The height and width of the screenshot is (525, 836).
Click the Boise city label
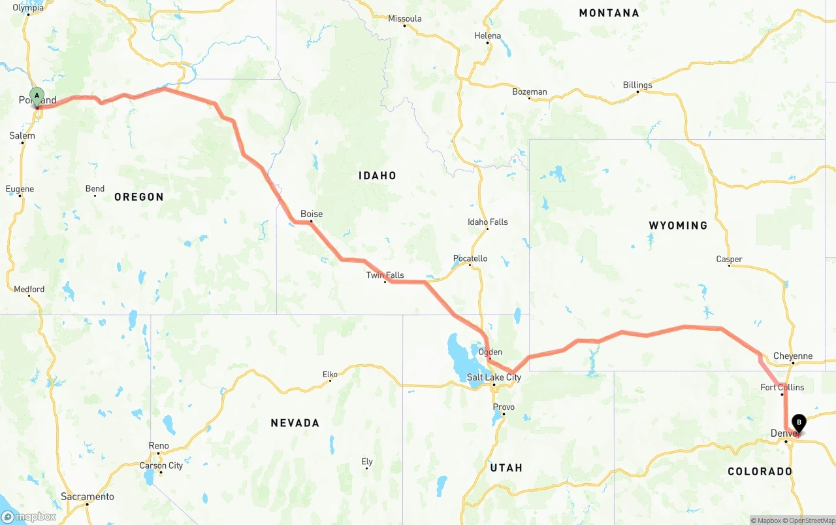pyautogui.click(x=312, y=214)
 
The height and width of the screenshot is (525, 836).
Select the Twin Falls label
pyautogui.click(x=385, y=275)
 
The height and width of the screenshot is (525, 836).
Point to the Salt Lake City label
pyautogui.click(x=494, y=377)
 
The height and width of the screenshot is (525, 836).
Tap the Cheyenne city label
pyautogui.click(x=793, y=356)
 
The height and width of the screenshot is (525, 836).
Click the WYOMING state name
pyautogui.click(x=678, y=226)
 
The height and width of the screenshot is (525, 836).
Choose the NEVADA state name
pyautogui.click(x=295, y=424)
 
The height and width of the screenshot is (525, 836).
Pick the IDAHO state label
pyautogui.click(x=378, y=176)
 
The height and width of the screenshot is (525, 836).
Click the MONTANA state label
pyautogui.click(x=609, y=13)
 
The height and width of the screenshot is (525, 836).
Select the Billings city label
pyautogui.click(x=637, y=85)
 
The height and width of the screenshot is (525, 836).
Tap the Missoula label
pyautogui.click(x=405, y=18)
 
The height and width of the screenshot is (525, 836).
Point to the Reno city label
pyautogui.click(x=159, y=446)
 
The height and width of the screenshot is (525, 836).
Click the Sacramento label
pyautogui.click(x=88, y=497)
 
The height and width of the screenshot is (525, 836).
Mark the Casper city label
pyautogui.click(x=729, y=260)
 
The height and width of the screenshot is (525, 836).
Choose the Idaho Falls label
pyautogui.click(x=487, y=222)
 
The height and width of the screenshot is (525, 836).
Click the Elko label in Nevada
pyautogui.click(x=330, y=375)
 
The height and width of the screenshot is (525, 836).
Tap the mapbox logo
pyautogui.click(x=29, y=517)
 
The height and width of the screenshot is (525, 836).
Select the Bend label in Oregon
pyautogui.click(x=95, y=189)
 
